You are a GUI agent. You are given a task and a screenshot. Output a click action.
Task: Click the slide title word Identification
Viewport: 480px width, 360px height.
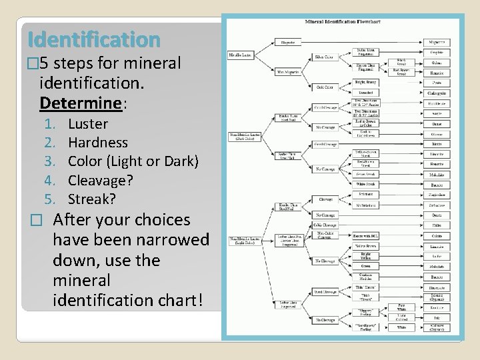click(91, 41)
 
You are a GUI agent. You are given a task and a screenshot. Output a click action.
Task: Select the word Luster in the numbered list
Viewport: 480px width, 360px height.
click(88, 124)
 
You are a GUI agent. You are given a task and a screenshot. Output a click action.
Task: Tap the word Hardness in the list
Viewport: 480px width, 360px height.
click(98, 143)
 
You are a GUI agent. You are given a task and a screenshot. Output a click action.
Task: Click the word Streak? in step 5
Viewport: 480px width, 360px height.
click(92, 199)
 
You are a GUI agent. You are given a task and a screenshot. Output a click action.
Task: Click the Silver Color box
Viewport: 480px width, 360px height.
click(325, 57)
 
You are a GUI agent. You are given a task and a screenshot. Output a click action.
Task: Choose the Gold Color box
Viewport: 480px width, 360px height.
click(325, 87)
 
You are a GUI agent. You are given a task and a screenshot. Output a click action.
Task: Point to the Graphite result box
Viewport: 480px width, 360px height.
click(437, 53)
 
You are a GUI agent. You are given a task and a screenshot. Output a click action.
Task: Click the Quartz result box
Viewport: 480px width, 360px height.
click(437, 215)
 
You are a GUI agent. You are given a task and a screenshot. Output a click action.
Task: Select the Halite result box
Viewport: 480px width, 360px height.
click(437, 225)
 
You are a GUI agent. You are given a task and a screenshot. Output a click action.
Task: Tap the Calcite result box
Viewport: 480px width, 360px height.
click(437, 235)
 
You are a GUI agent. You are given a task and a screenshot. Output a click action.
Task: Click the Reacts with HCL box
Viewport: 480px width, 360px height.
click(366, 235)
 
